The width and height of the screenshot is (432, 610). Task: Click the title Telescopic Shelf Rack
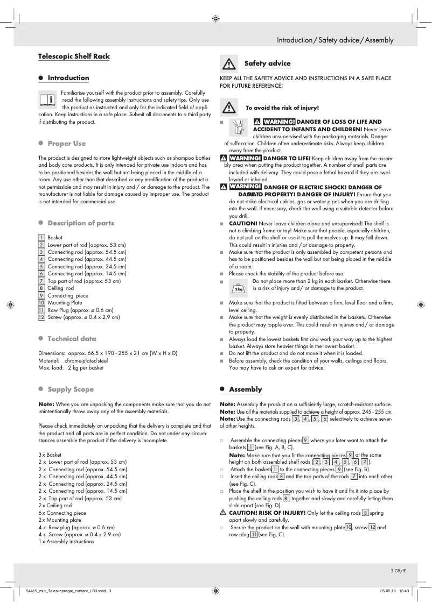(74, 56)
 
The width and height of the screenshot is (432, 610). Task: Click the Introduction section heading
(68, 78)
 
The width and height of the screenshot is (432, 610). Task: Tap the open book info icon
(47, 100)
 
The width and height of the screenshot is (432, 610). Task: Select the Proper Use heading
(66, 144)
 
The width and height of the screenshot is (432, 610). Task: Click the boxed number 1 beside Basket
(41, 237)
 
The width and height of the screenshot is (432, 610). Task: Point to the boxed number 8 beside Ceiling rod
(41, 288)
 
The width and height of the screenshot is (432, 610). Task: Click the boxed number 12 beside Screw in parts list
(41, 317)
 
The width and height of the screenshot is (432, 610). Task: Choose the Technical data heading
(72, 339)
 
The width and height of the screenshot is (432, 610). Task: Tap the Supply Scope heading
(70, 389)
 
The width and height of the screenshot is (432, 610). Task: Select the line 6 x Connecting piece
(62, 513)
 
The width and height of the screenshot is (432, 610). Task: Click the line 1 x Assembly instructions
(66, 542)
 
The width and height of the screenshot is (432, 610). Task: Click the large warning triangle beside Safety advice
(229, 64)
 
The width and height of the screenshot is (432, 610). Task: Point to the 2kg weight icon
(238, 288)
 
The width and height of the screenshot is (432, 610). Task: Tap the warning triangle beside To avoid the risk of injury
(229, 108)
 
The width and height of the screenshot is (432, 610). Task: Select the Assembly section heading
(245, 389)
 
